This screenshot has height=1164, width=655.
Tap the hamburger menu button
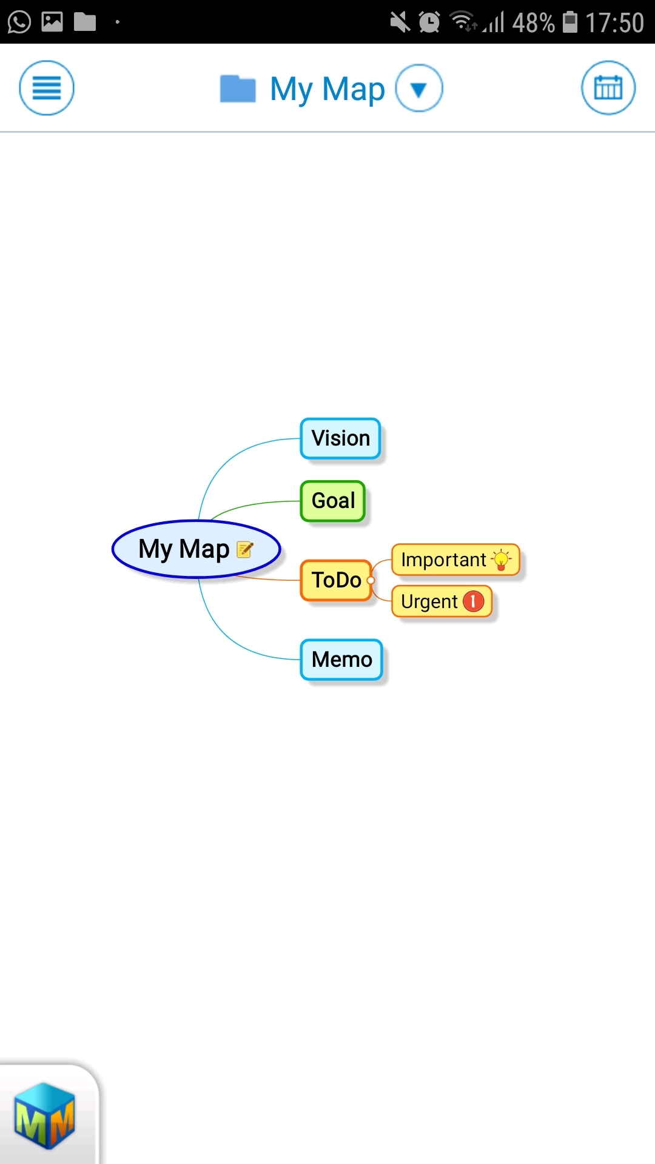pyautogui.click(x=47, y=88)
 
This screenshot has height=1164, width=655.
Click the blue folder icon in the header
pyautogui.click(x=237, y=89)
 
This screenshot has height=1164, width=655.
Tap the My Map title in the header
pyautogui.click(x=327, y=89)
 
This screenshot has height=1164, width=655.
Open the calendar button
pyautogui.click(x=608, y=88)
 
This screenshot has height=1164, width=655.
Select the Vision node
pyautogui.click(x=340, y=438)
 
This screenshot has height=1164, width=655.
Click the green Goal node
pyautogui.click(x=332, y=501)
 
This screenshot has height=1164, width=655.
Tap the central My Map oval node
pyautogui.click(x=182, y=549)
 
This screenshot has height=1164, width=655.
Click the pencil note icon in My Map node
pyautogui.click(x=245, y=549)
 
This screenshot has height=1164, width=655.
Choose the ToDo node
pyautogui.click(x=335, y=580)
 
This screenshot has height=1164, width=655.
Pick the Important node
pyautogui.click(x=444, y=560)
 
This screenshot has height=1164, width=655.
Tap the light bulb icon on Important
pyautogui.click(x=502, y=560)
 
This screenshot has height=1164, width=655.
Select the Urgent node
pyautogui.click(x=429, y=601)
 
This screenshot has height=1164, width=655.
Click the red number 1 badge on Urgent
pyautogui.click(x=474, y=601)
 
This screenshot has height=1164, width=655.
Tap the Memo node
pyautogui.click(x=341, y=660)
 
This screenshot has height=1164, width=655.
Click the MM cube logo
pyautogui.click(x=45, y=1115)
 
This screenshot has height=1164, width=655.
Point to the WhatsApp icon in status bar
pyautogui.click(x=19, y=22)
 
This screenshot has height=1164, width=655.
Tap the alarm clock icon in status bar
pyautogui.click(x=429, y=22)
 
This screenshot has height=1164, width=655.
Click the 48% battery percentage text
pyautogui.click(x=533, y=23)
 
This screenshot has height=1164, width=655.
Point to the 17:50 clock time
pyautogui.click(x=614, y=23)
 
